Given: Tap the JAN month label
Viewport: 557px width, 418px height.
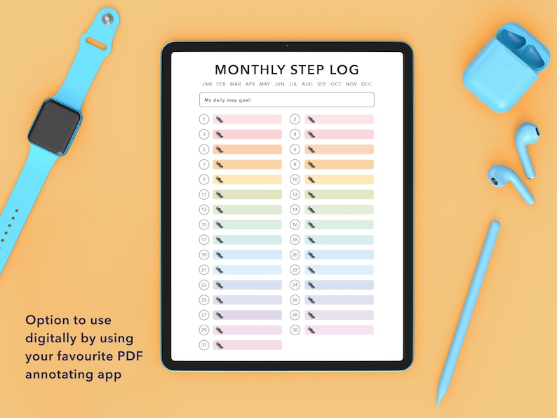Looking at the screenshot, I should coord(207,84).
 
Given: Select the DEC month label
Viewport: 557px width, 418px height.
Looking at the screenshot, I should coord(366,84).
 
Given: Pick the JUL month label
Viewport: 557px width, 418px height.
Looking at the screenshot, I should coord(293,84).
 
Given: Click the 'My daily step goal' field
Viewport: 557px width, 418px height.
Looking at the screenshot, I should coord(286,100).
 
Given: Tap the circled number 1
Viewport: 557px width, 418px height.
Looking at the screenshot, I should coord(203,119).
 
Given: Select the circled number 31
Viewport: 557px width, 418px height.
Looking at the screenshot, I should coord(203,345).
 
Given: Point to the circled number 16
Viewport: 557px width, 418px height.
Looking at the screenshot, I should coord(295,224).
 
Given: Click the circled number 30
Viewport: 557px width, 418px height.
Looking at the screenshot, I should coord(295,330).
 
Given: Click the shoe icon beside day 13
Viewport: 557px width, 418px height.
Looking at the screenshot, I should coord(219,210).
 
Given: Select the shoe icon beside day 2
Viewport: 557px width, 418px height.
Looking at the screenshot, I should coord(311,119).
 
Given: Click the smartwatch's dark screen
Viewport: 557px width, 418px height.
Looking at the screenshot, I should coord(55,126).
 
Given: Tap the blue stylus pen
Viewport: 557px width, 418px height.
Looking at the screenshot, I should coord(469,309).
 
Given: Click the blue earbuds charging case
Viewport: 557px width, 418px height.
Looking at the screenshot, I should coord(506,67).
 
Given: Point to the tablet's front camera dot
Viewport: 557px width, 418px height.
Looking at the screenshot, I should coord(286,46).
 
